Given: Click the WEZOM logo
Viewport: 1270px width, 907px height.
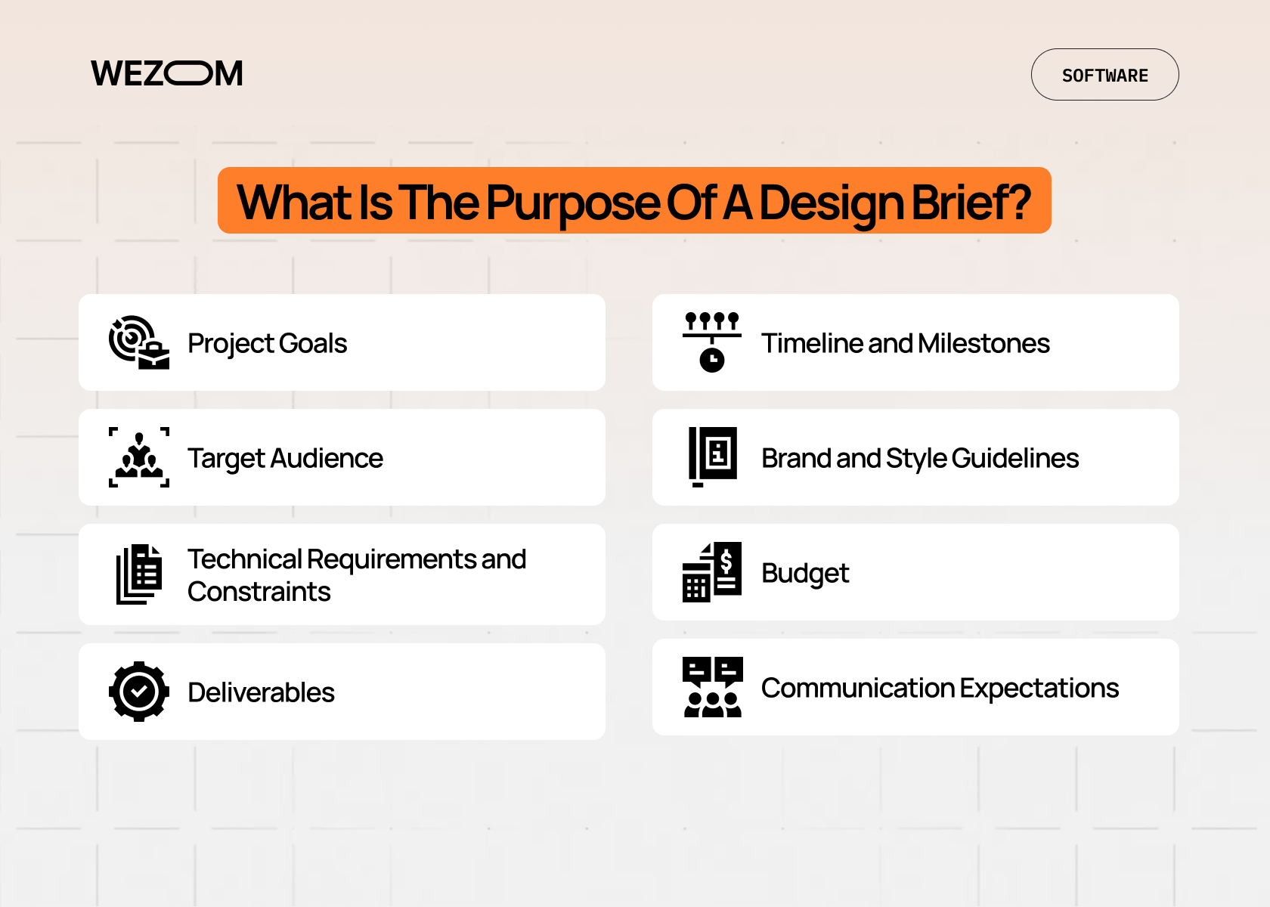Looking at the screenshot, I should pyautogui.click(x=167, y=73).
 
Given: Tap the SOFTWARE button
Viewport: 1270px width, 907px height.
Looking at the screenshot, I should pyautogui.click(x=1104, y=75).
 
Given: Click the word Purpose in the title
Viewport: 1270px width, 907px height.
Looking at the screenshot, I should pyautogui.click(x=573, y=203).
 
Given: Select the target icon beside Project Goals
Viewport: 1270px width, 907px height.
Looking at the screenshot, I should pyautogui.click(x=138, y=342).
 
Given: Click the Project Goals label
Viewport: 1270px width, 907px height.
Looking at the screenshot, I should pyautogui.click(x=267, y=343).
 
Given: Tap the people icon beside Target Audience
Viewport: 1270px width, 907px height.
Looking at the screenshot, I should pyautogui.click(x=138, y=457).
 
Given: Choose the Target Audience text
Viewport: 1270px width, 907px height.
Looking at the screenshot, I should pyautogui.click(x=285, y=458).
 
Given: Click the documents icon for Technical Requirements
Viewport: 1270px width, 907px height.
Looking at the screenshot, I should pyautogui.click(x=138, y=574).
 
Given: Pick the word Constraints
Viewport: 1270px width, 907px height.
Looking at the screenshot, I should pyautogui.click(x=259, y=592).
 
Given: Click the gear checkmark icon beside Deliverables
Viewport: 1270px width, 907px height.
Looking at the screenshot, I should pyautogui.click(x=138, y=692).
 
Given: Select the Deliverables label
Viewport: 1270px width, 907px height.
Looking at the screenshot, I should pyautogui.click(x=261, y=692).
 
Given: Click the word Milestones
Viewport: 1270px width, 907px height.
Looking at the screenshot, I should pyautogui.click(x=983, y=343).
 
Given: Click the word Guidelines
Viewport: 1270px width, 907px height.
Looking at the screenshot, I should pyautogui.click(x=1014, y=458).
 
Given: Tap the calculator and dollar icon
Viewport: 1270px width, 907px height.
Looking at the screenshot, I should pyautogui.click(x=711, y=572).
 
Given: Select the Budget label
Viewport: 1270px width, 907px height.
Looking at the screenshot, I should pyautogui.click(x=805, y=573).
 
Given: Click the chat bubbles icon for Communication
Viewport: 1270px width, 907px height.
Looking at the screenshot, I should pyautogui.click(x=712, y=687).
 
